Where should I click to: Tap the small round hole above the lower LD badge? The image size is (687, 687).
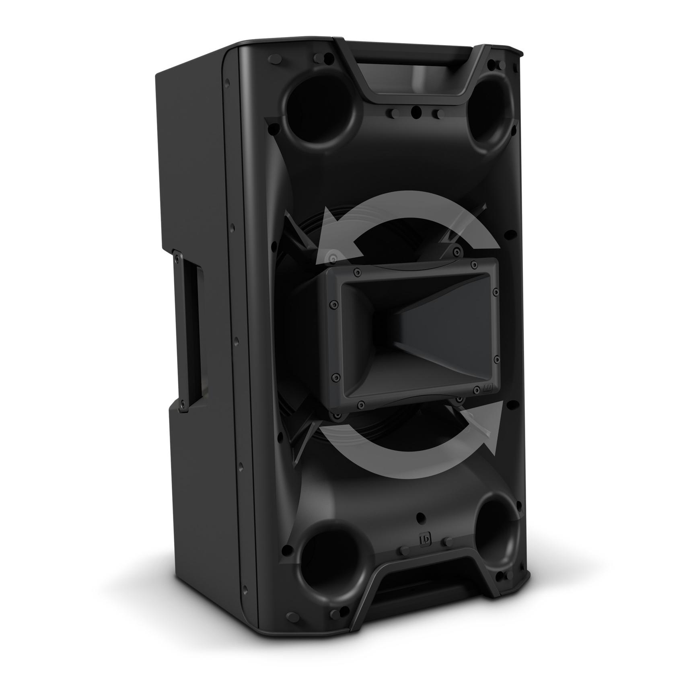[x=421, y=517]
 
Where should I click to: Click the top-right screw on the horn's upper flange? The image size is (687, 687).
[x=474, y=264]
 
